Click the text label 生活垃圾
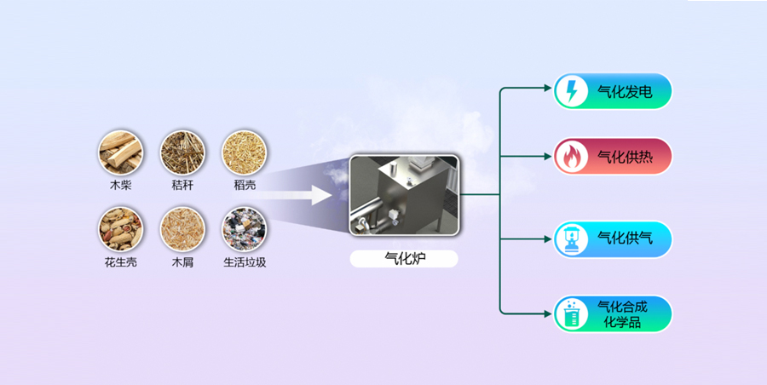(245, 262)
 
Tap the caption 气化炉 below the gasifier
(404, 257)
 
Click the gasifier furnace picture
(404, 195)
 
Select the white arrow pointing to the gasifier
(308, 195)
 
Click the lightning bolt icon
(571, 91)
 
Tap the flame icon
(571, 156)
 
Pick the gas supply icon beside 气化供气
(571, 239)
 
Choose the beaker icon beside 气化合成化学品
(571, 314)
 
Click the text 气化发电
(625, 91)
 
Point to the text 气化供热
(625, 156)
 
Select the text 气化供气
(625, 239)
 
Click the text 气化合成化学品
(625, 314)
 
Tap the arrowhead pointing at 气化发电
(548, 88)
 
